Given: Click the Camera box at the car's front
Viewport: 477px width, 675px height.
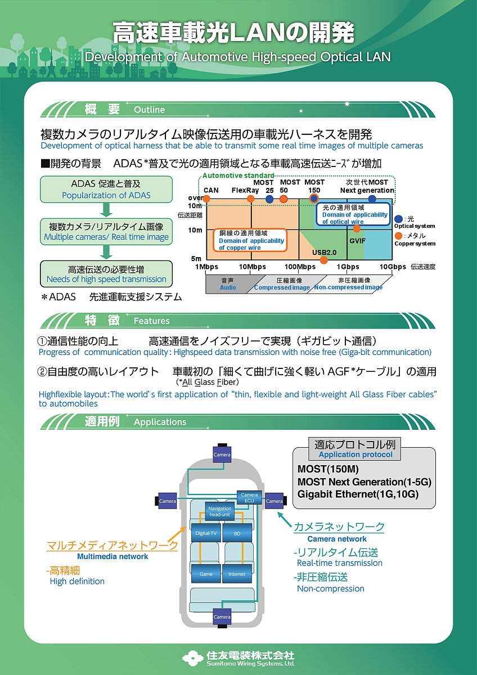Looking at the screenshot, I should point(222,454).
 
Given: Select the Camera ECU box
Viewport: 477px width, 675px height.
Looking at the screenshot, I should point(249,498).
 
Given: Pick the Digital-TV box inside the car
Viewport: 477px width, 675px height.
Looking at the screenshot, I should point(206,532).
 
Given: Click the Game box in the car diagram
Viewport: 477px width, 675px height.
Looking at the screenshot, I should point(206,574).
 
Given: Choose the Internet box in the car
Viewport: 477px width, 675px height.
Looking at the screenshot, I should point(237,574).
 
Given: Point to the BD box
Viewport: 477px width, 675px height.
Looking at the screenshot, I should point(237,532).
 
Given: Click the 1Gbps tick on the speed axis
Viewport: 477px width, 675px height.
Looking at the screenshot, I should point(349,267).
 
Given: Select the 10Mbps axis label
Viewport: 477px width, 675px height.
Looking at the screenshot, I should point(253,267).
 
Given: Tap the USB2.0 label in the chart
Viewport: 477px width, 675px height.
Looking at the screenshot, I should point(324,252).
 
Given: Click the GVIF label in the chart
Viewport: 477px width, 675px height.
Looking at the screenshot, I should point(358,240).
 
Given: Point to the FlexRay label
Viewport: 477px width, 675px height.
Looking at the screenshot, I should point(245,190).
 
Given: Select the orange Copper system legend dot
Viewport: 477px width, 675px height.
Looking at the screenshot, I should point(399,236).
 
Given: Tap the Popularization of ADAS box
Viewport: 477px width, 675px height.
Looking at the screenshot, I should point(106,190).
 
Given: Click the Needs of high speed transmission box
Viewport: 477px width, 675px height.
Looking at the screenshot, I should point(106,274).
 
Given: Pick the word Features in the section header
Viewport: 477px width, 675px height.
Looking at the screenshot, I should point(151,321).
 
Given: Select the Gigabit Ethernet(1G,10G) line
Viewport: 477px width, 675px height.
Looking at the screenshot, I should point(358,494).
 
